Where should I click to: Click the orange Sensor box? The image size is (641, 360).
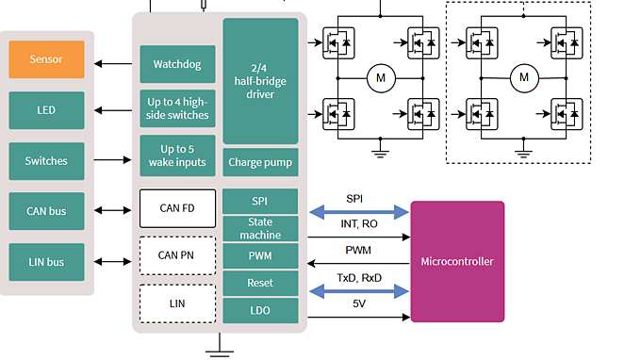[46, 59]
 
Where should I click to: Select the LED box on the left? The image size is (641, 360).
[46, 110]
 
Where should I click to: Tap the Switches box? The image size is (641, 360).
[46, 161]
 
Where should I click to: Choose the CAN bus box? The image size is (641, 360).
[46, 211]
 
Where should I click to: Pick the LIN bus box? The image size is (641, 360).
[46, 262]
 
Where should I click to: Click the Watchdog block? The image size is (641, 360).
[177, 64]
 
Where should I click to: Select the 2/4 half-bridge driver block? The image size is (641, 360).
[260, 80]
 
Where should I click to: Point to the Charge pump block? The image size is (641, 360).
[260, 162]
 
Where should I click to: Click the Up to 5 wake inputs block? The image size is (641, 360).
[177, 155]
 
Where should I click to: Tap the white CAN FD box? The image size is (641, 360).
[177, 208]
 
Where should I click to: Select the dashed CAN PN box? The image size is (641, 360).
[177, 254]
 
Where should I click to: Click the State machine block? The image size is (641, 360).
[260, 228]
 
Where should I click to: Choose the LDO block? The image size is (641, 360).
[260, 310]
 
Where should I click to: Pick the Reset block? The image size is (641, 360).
[260, 283]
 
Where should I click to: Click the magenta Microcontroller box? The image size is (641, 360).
[457, 261]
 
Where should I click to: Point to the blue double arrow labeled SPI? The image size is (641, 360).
[358, 212]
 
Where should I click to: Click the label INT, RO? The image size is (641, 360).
[358, 224]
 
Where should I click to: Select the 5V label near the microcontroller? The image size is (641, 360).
[359, 304]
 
